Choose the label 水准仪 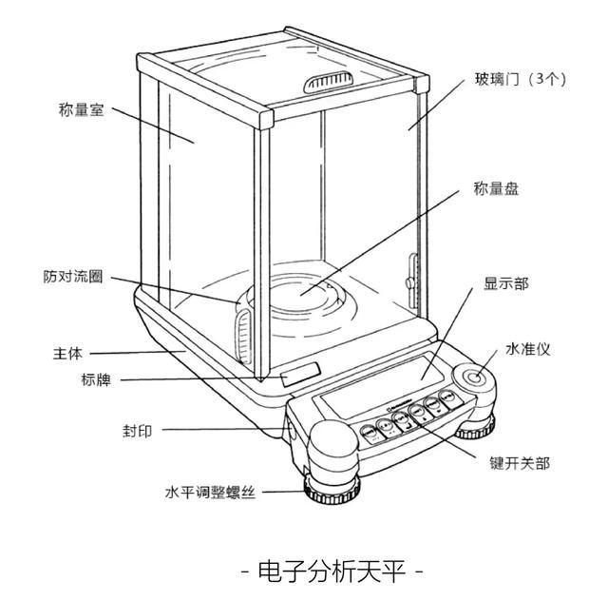pos(528,349)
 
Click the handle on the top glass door pos(328,84)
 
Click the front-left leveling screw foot pos(332,491)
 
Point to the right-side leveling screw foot pos(474,432)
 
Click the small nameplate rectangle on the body pos(298,373)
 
